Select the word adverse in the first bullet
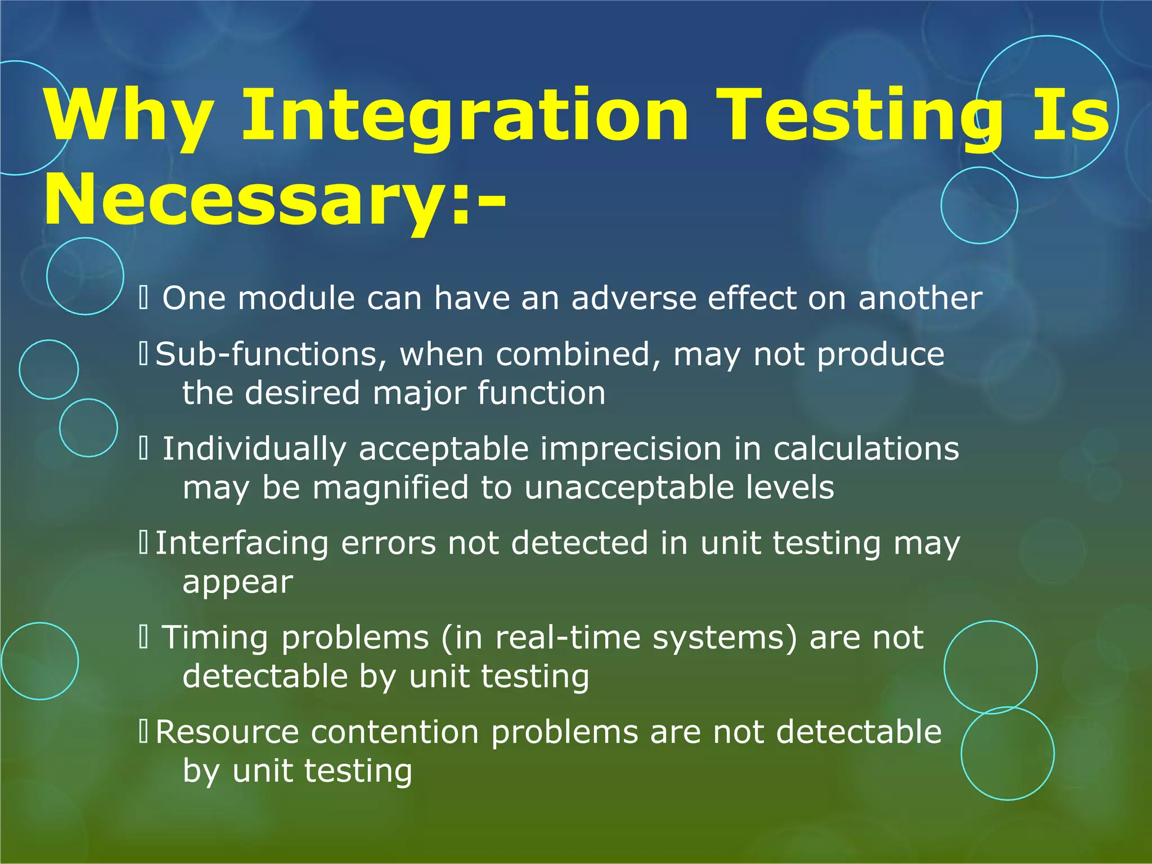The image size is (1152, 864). pos(634,298)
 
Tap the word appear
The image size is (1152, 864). pos(237,583)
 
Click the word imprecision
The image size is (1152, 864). pos(631,449)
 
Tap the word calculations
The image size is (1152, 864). pos(866,449)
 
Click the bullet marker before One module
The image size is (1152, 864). pos(143,298)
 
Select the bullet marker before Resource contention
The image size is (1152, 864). pos(143,732)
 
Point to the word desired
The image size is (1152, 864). pos(302,393)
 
